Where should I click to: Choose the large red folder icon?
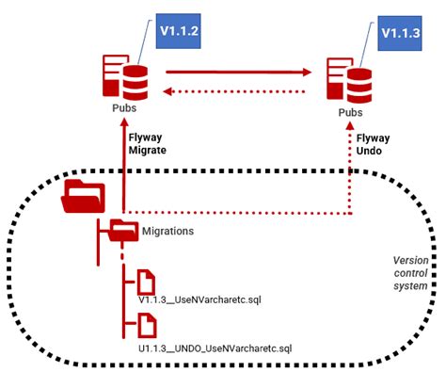pos(83,195)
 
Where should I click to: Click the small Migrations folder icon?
pos(123,229)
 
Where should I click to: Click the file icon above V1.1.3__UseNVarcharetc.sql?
pos(146,281)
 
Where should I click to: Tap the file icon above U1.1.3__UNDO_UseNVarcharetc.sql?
pos(146,326)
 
